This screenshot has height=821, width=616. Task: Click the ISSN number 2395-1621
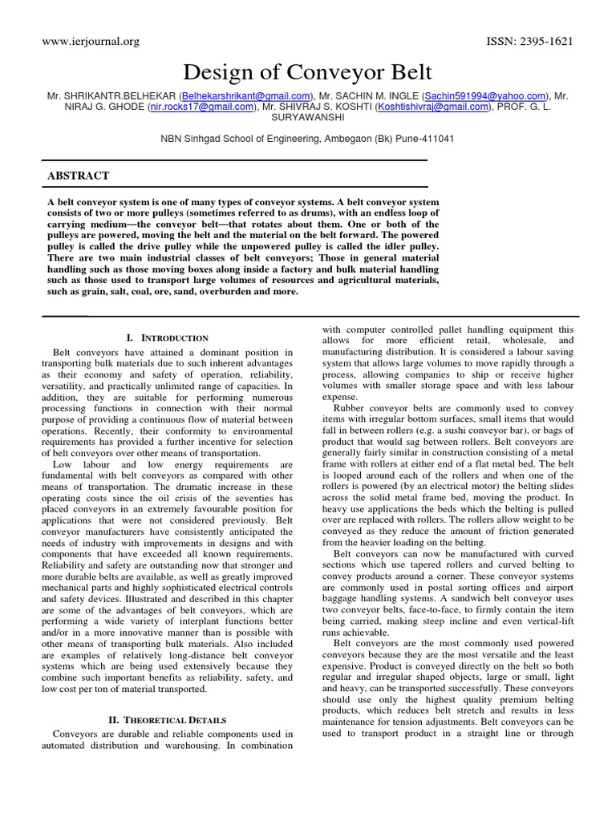click(530, 42)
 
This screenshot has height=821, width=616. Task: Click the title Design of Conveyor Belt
click(307, 73)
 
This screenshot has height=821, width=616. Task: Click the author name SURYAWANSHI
click(307, 117)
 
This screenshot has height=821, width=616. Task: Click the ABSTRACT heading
click(79, 176)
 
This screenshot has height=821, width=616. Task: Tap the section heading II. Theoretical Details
click(167, 720)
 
